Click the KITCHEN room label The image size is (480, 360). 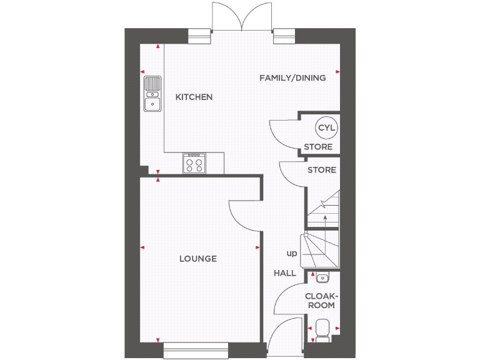(194, 97)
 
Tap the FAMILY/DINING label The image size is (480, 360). (292, 78)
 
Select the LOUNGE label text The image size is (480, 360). (198, 259)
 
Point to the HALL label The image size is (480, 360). (285, 273)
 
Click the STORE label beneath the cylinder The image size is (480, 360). (318, 147)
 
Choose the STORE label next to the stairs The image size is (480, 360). (321, 170)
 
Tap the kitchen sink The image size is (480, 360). (152, 94)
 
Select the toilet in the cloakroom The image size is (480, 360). (322, 329)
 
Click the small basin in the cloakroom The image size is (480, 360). (322, 277)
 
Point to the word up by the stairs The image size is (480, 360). (292, 254)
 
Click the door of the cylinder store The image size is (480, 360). (283, 134)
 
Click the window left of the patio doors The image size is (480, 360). (200, 37)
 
